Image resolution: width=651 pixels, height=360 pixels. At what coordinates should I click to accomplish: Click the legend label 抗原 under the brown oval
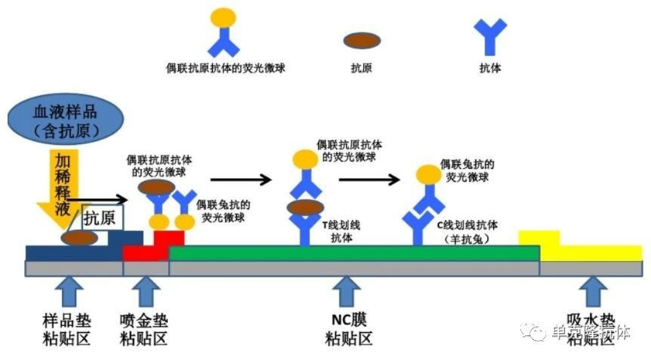pos(361,68)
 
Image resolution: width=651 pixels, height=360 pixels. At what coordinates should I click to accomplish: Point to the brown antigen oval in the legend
pos(361,40)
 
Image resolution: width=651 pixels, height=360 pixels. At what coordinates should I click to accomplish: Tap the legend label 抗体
pos(491,68)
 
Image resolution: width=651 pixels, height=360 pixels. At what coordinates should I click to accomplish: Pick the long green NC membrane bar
pos(354,253)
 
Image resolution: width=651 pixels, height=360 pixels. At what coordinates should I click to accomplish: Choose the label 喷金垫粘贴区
pos(144,329)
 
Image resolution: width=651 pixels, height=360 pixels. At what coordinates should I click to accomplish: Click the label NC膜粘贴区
pos(348,329)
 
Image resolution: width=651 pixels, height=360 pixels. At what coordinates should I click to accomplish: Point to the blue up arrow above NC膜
pos(347,293)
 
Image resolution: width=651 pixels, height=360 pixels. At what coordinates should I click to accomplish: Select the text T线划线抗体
pos(341,231)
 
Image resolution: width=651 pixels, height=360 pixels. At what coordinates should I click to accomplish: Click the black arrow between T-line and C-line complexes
pos(369,180)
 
